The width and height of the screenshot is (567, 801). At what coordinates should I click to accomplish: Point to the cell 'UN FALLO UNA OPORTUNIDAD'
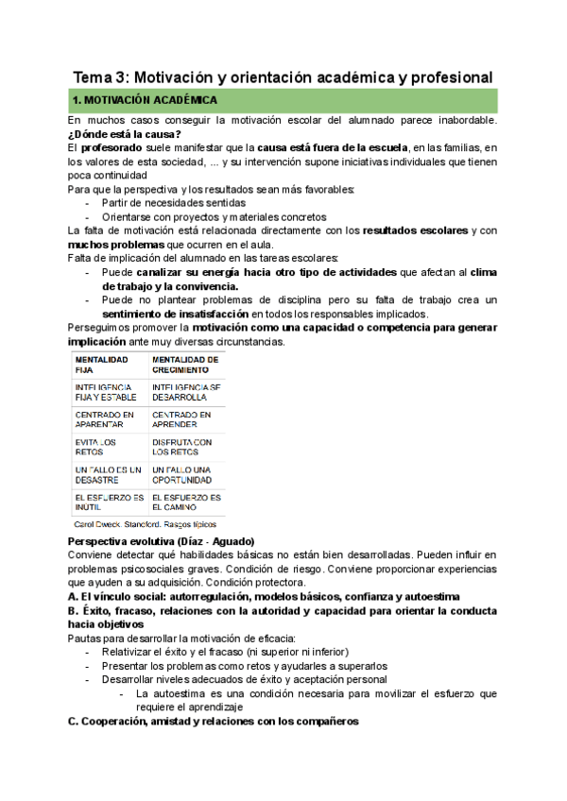tap(184, 474)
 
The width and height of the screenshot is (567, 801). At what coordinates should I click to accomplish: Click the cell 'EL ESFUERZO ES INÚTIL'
tap(109, 502)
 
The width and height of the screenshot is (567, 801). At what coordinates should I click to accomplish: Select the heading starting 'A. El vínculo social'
tap(265, 597)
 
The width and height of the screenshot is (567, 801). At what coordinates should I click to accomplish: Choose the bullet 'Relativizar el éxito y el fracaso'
tap(225, 652)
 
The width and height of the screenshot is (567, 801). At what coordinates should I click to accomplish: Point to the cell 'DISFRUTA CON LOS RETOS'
tap(181, 447)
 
